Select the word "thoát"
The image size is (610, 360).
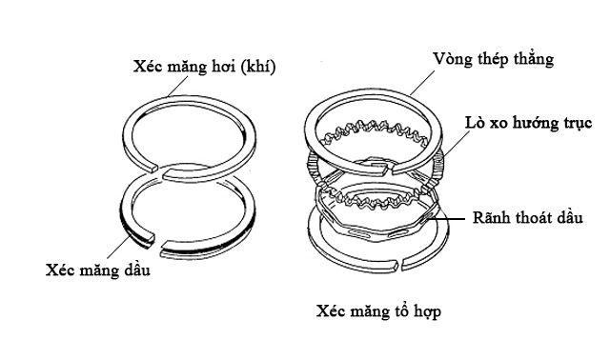click(536, 217)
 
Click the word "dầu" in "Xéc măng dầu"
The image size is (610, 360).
click(132, 270)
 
